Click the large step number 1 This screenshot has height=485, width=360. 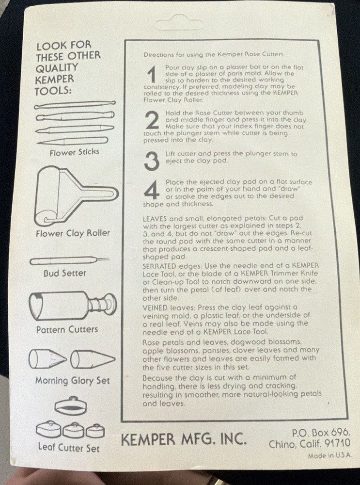(152, 75)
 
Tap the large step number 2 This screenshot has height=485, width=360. (152, 121)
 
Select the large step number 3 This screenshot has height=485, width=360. (152, 161)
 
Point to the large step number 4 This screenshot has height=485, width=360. (152, 190)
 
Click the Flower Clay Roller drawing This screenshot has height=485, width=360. (77, 196)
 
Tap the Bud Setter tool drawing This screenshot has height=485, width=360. (69, 261)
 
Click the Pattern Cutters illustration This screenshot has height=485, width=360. (73, 306)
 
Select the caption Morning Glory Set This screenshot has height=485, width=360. (73, 380)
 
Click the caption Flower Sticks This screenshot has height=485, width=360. (74, 152)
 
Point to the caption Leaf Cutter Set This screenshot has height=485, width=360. (69, 448)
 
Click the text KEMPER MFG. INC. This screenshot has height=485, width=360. (184, 439)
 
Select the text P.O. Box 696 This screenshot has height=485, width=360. (321, 432)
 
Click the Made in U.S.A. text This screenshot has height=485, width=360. (329, 456)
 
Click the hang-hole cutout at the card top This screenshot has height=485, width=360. (179, 24)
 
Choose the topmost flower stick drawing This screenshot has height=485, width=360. (75, 105)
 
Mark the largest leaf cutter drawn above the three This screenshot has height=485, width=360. (71, 405)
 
